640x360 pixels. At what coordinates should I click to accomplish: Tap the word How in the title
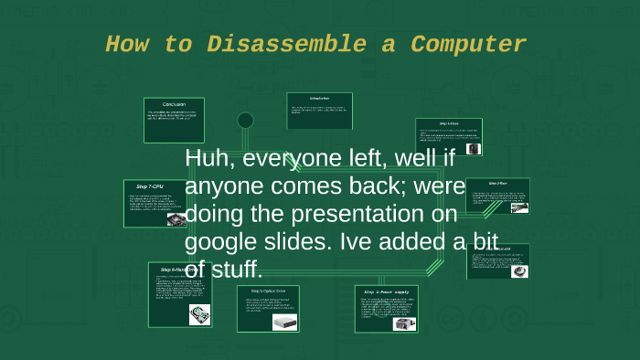128,44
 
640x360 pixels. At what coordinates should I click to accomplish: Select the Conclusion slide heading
174,103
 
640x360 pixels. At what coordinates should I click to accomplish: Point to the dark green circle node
245,120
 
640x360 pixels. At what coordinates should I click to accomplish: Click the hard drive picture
198,313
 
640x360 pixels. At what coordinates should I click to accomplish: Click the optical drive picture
283,321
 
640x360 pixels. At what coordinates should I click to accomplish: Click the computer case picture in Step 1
473,147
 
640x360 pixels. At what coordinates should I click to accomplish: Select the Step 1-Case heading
449,123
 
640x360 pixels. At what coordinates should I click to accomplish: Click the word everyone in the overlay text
276,159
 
